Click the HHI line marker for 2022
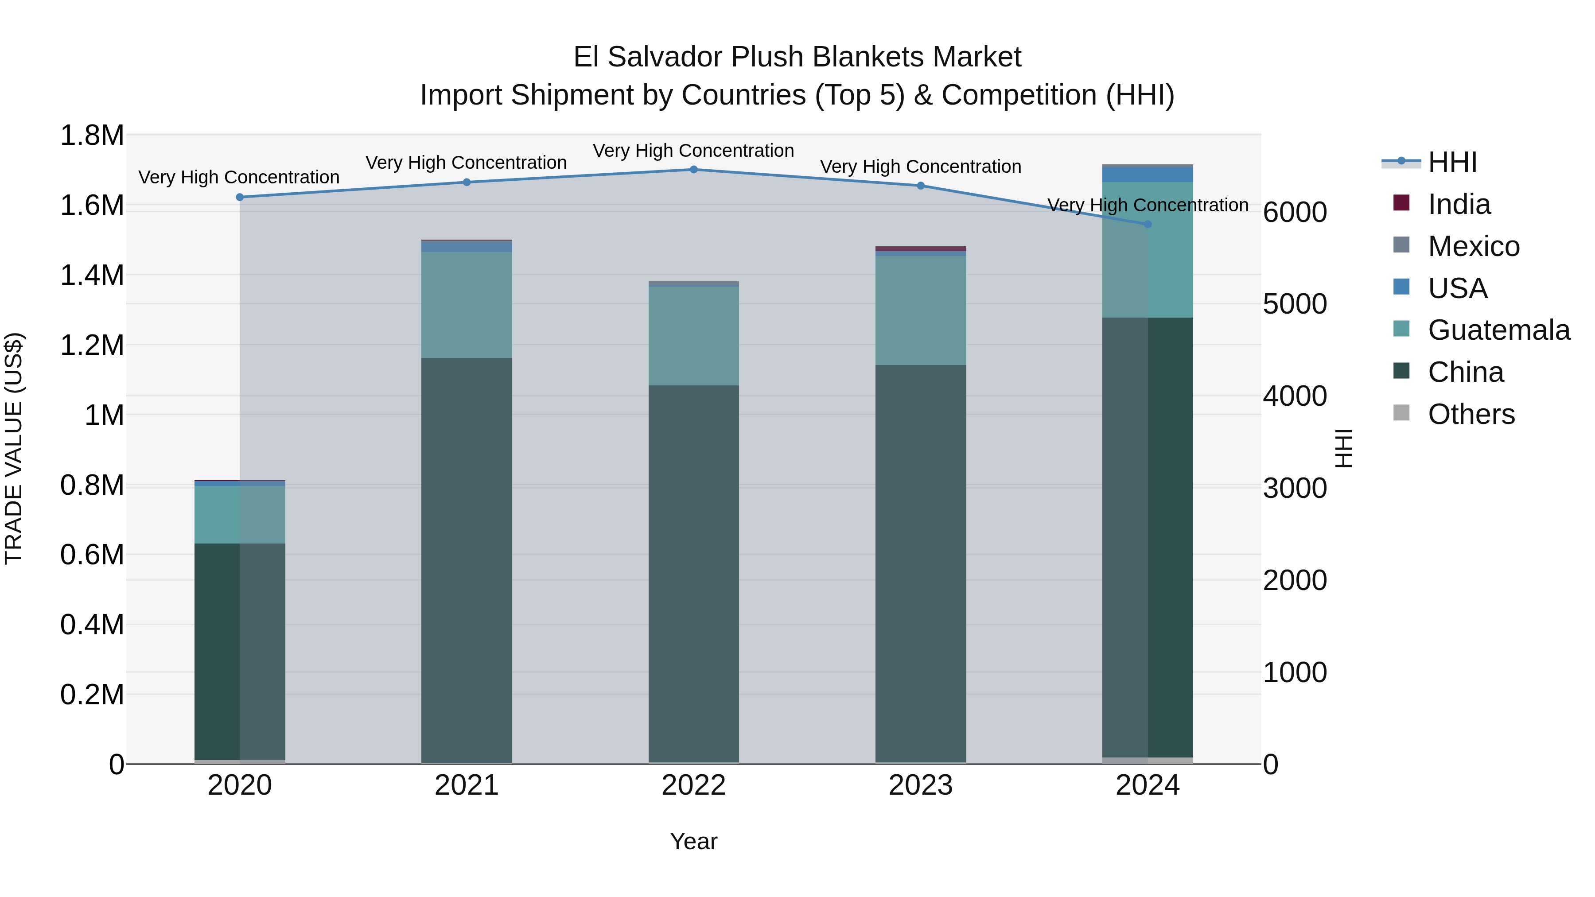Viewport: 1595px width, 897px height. tap(693, 170)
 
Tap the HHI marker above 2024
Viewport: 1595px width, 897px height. tap(1148, 224)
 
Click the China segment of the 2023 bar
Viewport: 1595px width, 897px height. tap(920, 563)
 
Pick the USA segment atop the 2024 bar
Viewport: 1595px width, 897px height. tap(1148, 175)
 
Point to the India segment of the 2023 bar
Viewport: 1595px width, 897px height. tap(920, 249)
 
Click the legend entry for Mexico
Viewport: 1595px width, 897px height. tap(1474, 246)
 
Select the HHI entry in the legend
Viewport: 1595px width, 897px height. tap(1452, 162)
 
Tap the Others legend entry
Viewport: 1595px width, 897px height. tap(1471, 414)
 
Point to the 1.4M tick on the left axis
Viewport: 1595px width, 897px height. tap(92, 275)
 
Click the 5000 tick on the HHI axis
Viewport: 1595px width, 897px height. tap(1295, 304)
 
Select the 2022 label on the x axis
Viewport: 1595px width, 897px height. tap(693, 785)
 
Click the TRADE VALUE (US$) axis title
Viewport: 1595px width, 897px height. tap(14, 448)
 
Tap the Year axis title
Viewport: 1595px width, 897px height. tap(693, 841)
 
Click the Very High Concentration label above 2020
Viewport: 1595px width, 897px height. tap(239, 178)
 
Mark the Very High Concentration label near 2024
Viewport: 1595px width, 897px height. tap(1148, 205)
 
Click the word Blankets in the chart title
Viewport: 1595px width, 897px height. tap(859, 57)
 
